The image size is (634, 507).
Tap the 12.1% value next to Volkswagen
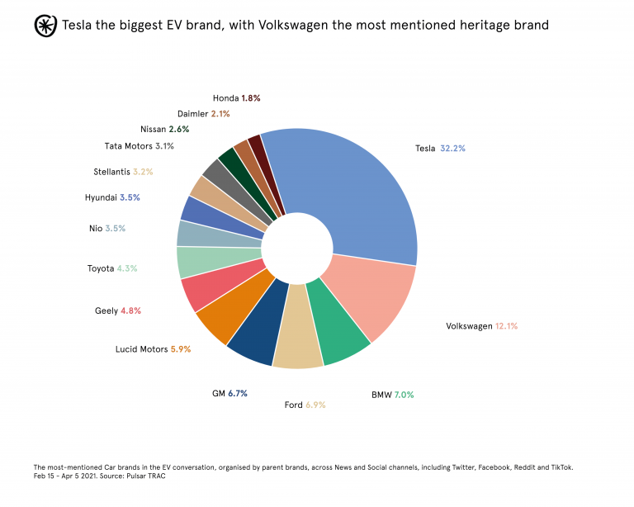click(x=506, y=326)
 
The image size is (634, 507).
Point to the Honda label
click(x=225, y=97)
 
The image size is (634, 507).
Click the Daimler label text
click(x=192, y=113)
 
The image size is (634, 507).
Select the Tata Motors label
click(x=128, y=146)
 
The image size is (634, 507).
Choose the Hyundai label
click(x=101, y=198)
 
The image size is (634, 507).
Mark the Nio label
click(x=95, y=228)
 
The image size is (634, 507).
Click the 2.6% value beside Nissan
click(x=179, y=130)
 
